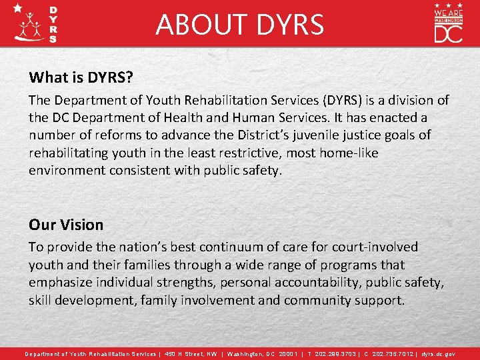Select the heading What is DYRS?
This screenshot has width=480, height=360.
tap(81, 77)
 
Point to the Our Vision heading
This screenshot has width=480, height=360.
tap(66, 225)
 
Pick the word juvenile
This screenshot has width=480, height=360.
tap(283, 135)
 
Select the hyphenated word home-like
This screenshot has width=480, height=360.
tap(349, 153)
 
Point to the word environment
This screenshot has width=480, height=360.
tap(70, 170)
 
